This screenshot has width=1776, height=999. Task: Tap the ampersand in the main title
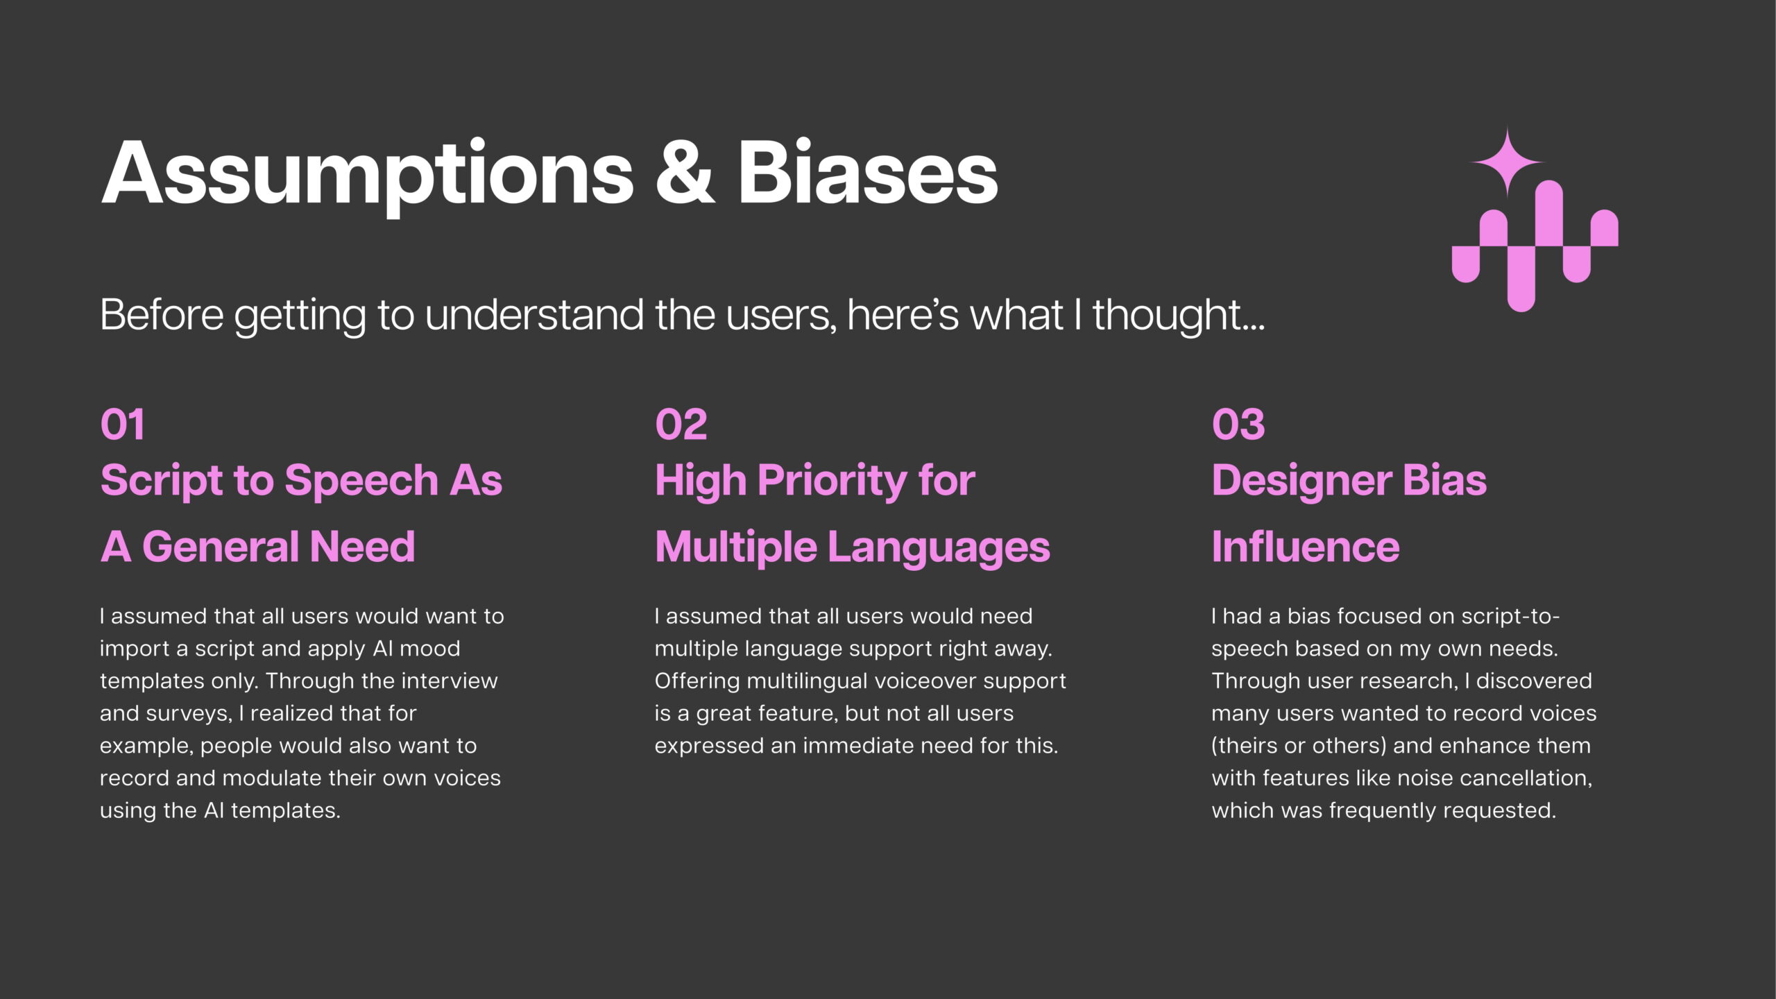[685, 171]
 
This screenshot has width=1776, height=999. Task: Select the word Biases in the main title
[867, 171]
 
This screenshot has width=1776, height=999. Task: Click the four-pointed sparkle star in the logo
[1506, 162]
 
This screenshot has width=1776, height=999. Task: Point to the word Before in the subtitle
[162, 314]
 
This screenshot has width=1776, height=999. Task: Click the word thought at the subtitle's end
[1179, 314]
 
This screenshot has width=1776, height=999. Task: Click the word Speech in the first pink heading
[361, 481]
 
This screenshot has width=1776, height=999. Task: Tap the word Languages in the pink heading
[939, 548]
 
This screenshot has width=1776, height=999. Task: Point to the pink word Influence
[1306, 547]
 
